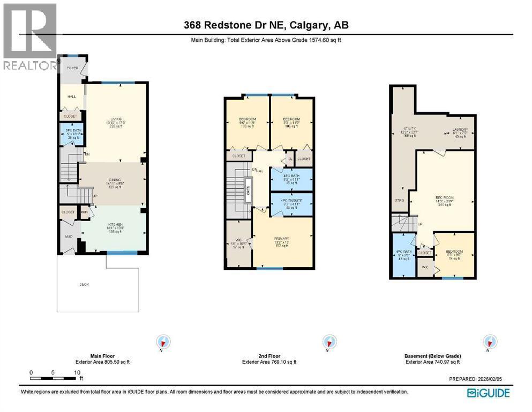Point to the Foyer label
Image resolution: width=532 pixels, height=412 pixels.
pos(72,68)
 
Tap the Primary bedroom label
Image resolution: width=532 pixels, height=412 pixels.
pos(282,238)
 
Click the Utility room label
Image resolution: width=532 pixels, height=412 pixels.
pos(410,129)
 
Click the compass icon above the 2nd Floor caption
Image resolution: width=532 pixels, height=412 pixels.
pos(328,342)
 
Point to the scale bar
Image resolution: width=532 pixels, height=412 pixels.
pos(54,378)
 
